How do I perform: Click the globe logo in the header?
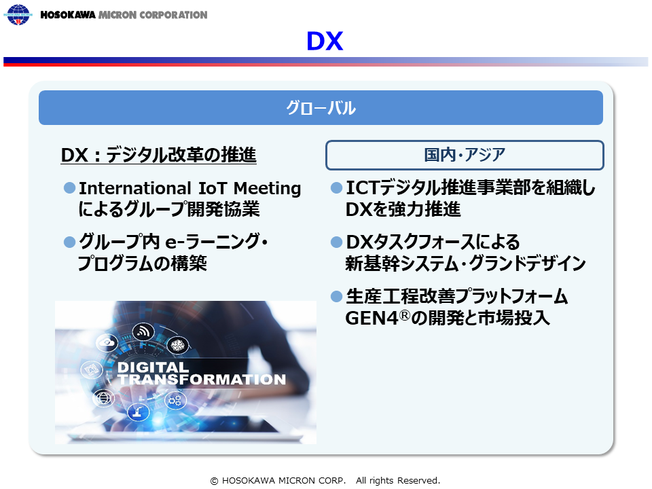(x=18, y=14)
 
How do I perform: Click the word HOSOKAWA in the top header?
(x=68, y=15)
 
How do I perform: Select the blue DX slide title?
(x=325, y=41)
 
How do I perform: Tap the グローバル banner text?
(x=321, y=108)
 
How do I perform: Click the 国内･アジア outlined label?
(x=465, y=155)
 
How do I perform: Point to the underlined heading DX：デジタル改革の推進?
(x=158, y=155)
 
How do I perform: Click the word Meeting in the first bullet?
(x=267, y=188)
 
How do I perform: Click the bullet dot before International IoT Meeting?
(x=69, y=188)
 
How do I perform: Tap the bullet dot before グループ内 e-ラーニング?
(x=69, y=242)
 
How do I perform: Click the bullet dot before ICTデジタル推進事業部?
(x=336, y=188)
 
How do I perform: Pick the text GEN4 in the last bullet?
(x=372, y=318)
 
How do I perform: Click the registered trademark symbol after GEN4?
(x=405, y=316)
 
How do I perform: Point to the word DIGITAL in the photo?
(x=153, y=367)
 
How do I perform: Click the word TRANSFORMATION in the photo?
(x=202, y=379)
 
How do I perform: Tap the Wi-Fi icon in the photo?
(x=143, y=331)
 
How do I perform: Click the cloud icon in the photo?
(x=107, y=343)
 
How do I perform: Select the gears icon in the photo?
(x=175, y=401)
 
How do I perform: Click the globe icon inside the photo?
(x=103, y=399)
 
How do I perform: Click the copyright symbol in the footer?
(x=214, y=481)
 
